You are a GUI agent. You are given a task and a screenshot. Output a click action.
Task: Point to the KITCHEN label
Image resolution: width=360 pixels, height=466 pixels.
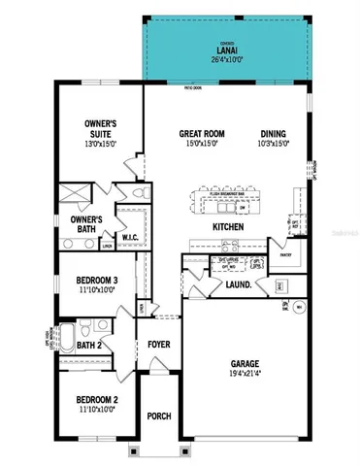(227, 227)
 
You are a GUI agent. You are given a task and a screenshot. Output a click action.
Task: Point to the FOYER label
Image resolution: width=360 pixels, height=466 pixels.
(158, 345)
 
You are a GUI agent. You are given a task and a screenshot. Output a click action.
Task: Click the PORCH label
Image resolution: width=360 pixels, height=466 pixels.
(158, 416)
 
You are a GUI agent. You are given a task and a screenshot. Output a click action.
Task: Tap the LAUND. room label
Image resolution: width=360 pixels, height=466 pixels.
(240, 285)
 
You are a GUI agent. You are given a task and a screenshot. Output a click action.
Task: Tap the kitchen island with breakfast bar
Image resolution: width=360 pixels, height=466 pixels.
(228, 202)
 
